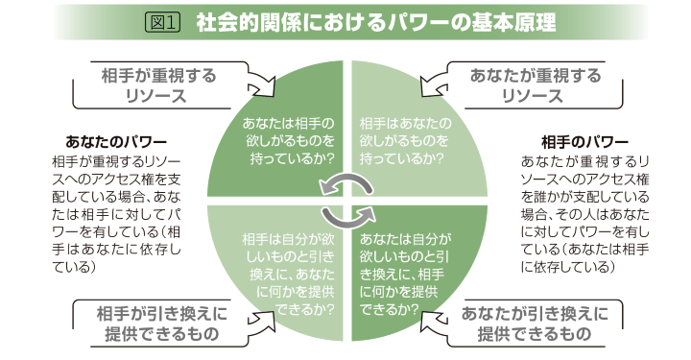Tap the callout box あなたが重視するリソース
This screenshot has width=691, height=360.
[536, 85]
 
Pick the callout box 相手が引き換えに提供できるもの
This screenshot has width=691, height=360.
[157, 324]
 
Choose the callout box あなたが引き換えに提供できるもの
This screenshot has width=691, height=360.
[534, 324]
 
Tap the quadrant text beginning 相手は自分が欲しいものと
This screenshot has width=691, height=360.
[288, 273]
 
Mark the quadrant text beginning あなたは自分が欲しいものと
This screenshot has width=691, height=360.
[403, 273]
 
